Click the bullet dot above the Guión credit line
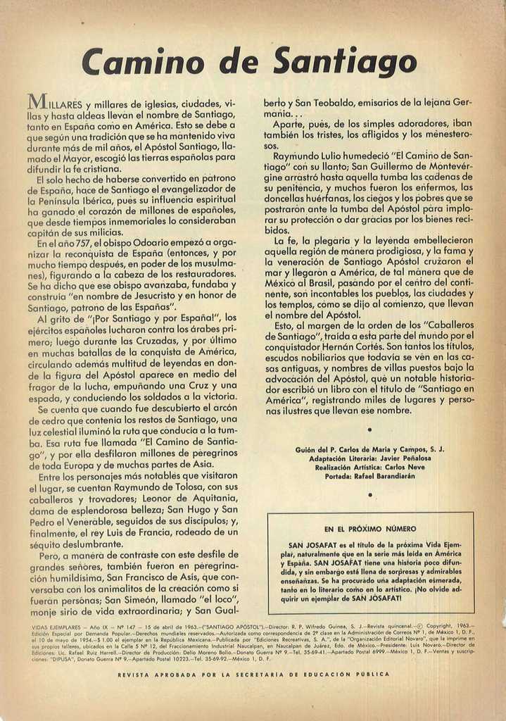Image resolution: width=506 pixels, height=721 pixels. [x=369, y=429]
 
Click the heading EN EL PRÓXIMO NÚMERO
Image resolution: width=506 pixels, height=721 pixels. [x=370, y=528]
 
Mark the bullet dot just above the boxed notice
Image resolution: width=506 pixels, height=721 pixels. [x=369, y=495]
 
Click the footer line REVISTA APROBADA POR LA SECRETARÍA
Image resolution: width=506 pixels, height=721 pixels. [x=253, y=674]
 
